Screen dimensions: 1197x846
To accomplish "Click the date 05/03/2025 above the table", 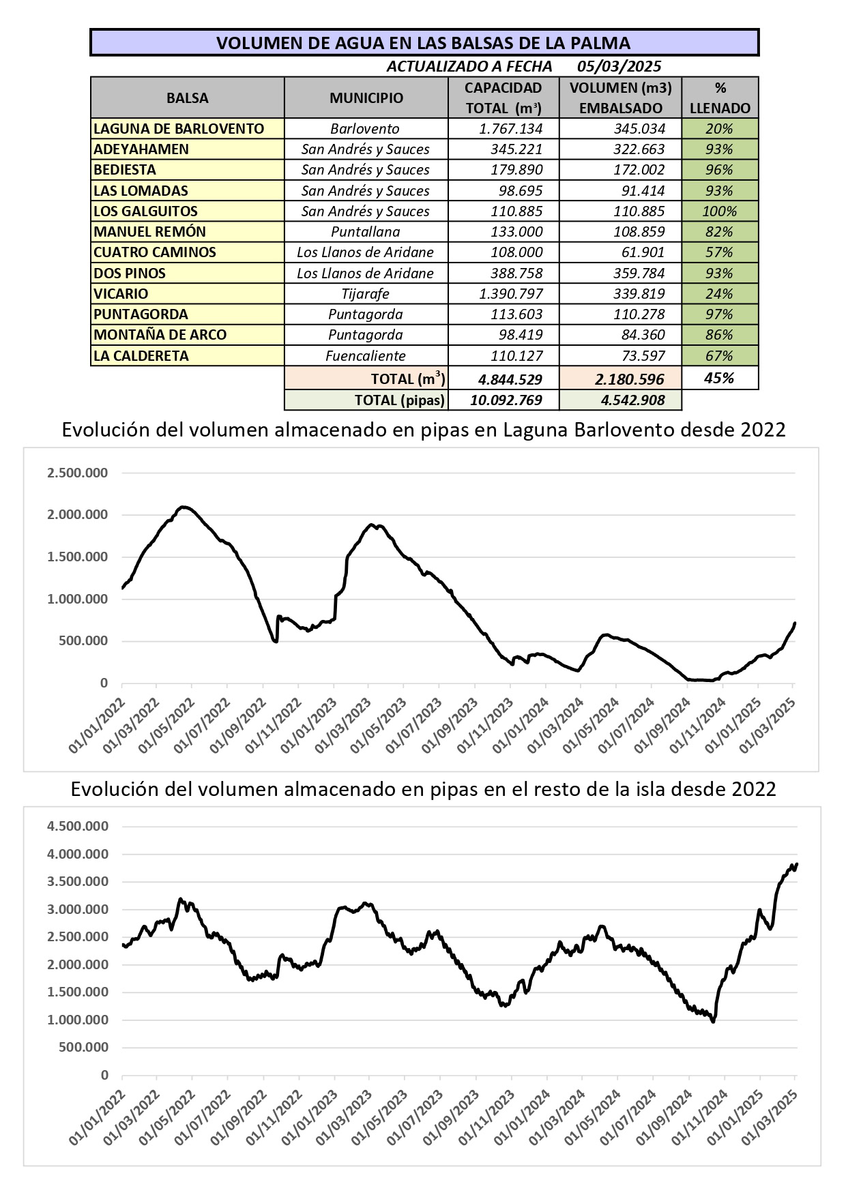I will (x=619, y=66).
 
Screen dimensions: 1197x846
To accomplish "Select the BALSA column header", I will (x=187, y=98).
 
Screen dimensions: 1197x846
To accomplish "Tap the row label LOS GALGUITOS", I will (x=146, y=211).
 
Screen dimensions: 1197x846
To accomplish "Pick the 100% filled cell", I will (x=719, y=211).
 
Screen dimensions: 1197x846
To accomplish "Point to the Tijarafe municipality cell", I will (x=366, y=294).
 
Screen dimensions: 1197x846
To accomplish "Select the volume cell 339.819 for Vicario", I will (x=639, y=294).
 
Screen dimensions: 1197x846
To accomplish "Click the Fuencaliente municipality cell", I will (x=366, y=356).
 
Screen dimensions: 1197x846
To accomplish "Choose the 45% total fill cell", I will (x=719, y=379).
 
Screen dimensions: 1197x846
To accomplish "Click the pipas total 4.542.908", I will (x=632, y=400).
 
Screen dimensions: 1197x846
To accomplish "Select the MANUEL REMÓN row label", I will (x=150, y=232).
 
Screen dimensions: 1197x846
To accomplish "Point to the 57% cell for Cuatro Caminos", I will (x=719, y=252).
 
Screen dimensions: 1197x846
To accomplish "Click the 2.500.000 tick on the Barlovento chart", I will (x=77, y=473).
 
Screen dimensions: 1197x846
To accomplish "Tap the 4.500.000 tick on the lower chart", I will (x=77, y=827).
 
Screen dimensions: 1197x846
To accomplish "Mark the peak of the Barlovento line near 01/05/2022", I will (x=182, y=507).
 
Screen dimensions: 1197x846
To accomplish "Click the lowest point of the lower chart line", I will (x=713, y=1021).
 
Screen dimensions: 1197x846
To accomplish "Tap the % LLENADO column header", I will (x=720, y=98).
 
